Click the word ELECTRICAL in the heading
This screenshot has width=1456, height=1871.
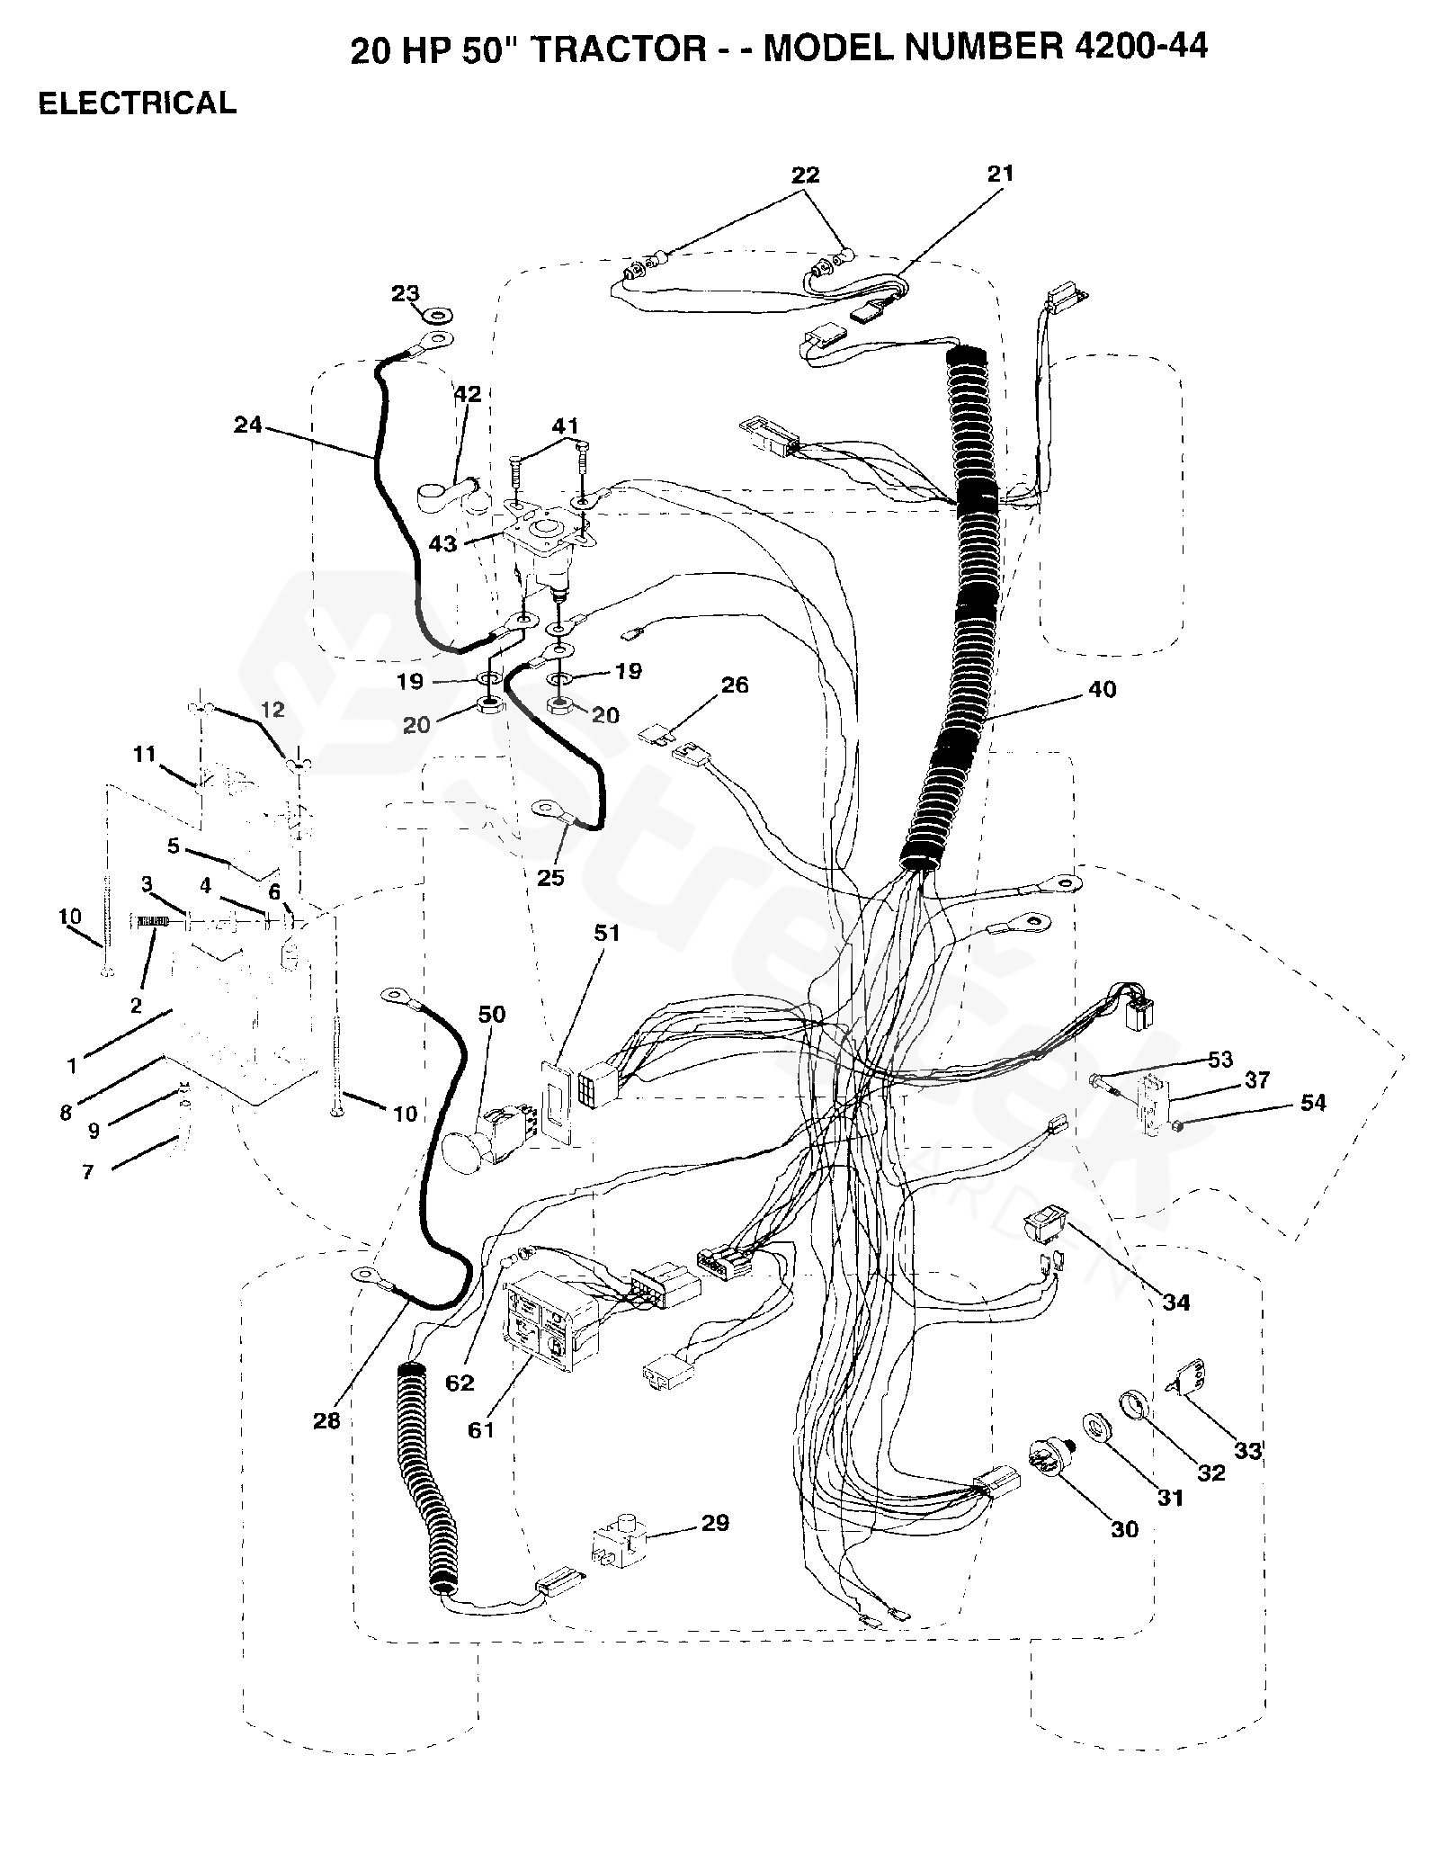point(137,103)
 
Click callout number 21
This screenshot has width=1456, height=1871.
point(1000,174)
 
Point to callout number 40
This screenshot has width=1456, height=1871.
point(1102,690)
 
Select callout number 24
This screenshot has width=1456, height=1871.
point(247,424)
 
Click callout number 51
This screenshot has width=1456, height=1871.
point(607,934)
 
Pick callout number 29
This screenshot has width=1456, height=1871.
point(716,1523)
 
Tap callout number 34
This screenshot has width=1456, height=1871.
point(1175,1302)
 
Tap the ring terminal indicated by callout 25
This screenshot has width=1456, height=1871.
point(547,810)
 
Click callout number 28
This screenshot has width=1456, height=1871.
point(327,1419)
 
